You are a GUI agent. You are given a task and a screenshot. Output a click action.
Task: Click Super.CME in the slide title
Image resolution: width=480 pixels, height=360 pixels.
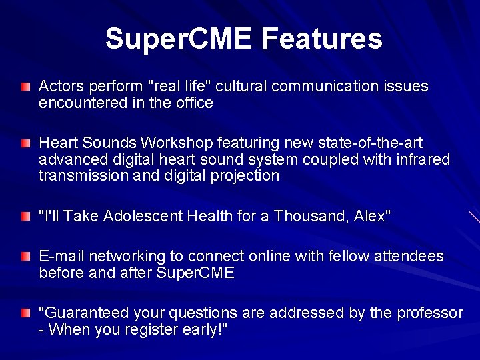179,39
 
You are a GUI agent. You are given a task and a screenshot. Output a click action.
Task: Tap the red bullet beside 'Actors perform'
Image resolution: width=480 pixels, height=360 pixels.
25,87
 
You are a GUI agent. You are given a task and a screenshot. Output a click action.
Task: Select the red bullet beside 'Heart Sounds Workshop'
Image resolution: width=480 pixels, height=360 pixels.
25,144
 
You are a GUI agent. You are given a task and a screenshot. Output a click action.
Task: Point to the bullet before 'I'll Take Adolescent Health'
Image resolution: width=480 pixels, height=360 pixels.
25,217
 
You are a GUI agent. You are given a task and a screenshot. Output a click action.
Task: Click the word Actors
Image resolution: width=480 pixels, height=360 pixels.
61,87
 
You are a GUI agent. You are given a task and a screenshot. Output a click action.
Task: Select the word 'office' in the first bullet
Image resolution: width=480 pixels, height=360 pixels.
193,103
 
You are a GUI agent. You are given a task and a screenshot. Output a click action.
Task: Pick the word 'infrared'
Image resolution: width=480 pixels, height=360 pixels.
425,159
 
